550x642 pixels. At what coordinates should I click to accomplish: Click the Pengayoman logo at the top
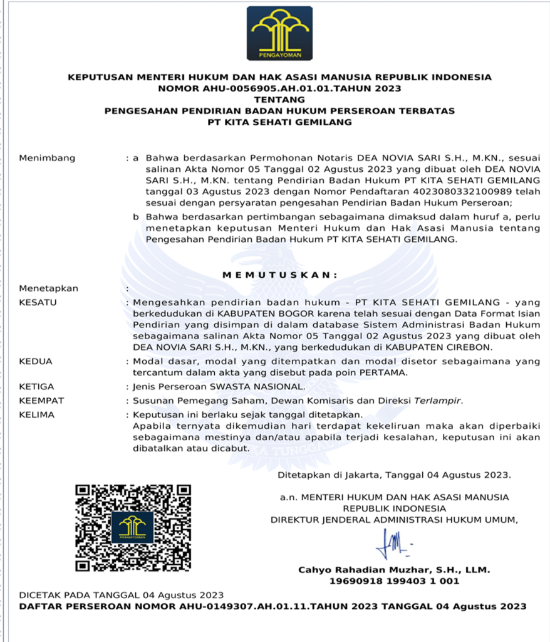279,33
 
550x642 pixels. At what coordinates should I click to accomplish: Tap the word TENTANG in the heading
279,100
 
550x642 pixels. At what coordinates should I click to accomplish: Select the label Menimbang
47,158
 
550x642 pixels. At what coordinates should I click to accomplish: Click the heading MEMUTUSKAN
279,275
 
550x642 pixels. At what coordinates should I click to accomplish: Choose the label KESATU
38,302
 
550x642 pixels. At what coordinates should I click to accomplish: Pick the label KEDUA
36,362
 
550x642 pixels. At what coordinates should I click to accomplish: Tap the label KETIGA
37,387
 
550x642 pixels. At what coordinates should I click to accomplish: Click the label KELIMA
37,415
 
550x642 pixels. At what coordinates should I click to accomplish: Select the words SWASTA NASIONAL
266,387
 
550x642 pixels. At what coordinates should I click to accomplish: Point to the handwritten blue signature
393,544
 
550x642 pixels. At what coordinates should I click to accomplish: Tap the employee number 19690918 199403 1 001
394,581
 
